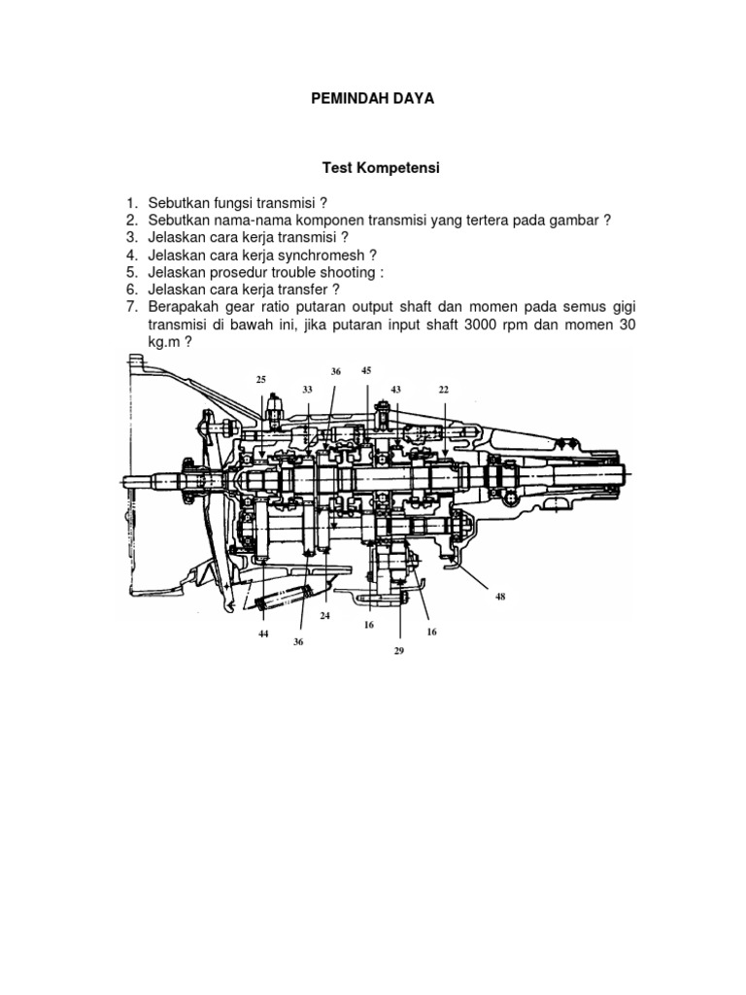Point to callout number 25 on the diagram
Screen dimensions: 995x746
tap(261, 379)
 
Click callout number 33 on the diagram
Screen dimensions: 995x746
tap(307, 390)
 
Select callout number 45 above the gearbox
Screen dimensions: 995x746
tap(366, 370)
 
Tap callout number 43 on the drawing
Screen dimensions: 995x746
tap(395, 390)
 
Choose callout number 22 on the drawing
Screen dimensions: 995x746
tap(444, 390)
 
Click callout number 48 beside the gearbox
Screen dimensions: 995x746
tap(501, 597)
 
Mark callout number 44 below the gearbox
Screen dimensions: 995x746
tap(263, 634)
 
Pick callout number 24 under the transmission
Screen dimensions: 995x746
tap(325, 616)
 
